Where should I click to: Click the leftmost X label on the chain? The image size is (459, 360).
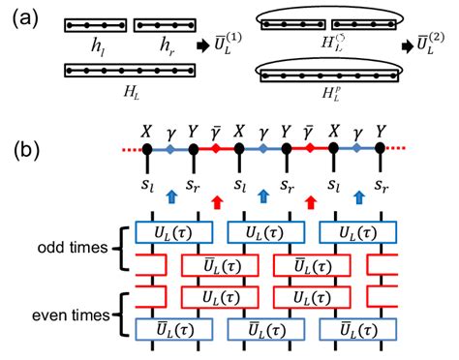[147, 128]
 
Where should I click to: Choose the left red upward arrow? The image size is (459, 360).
[216, 201]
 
